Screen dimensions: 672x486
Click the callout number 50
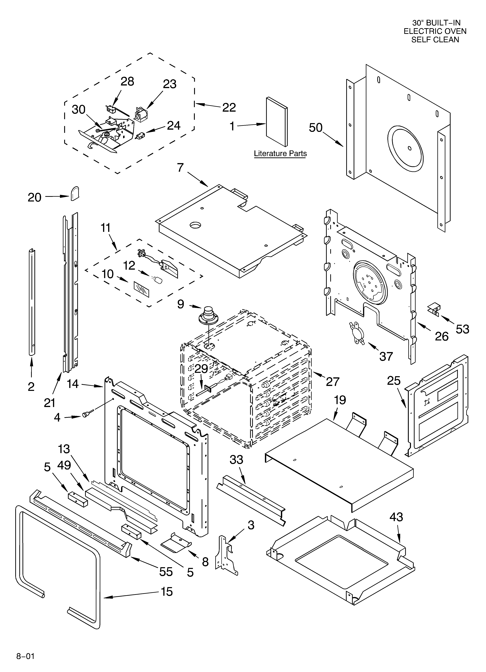(x=316, y=128)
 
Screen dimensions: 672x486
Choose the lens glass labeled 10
(x=142, y=289)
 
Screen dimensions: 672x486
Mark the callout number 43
(x=396, y=517)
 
